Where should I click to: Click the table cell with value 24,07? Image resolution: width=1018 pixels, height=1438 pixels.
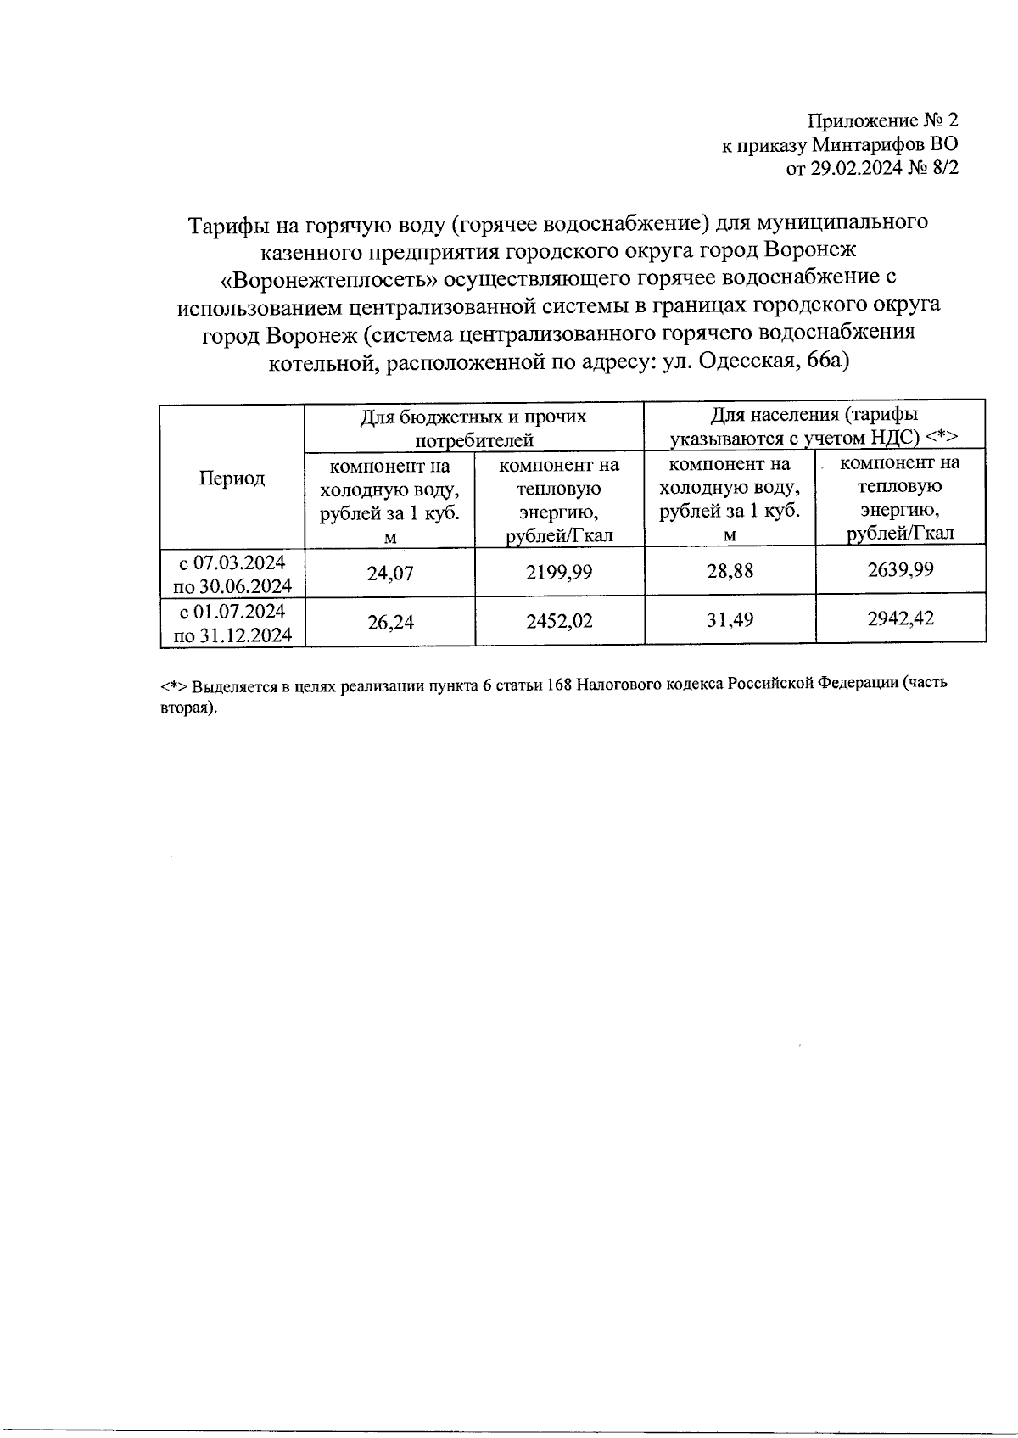tap(390, 573)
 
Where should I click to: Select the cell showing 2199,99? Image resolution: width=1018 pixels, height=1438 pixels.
tap(559, 573)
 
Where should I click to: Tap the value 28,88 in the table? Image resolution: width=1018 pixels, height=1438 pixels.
tap(730, 571)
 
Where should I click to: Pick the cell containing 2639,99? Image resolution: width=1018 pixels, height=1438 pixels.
tap(900, 569)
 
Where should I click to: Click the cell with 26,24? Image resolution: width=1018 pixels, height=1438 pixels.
tap(390, 622)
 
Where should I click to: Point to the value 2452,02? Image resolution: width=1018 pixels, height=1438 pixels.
tap(559, 621)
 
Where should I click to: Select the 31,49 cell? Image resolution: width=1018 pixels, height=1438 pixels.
tap(730, 620)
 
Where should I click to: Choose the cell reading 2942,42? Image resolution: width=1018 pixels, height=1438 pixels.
tap(900, 618)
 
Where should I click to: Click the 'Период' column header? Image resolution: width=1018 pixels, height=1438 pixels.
tap(232, 478)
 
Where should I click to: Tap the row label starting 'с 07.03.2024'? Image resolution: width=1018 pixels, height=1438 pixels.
tap(232, 574)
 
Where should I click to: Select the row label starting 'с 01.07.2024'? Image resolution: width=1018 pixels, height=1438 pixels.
tap(232, 623)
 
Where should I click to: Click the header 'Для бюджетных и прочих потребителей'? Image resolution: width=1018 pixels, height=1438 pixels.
tap(473, 428)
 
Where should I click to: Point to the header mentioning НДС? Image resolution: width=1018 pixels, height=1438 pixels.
tap(814, 426)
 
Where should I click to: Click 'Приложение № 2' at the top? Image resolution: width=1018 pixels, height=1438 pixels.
tap(882, 120)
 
